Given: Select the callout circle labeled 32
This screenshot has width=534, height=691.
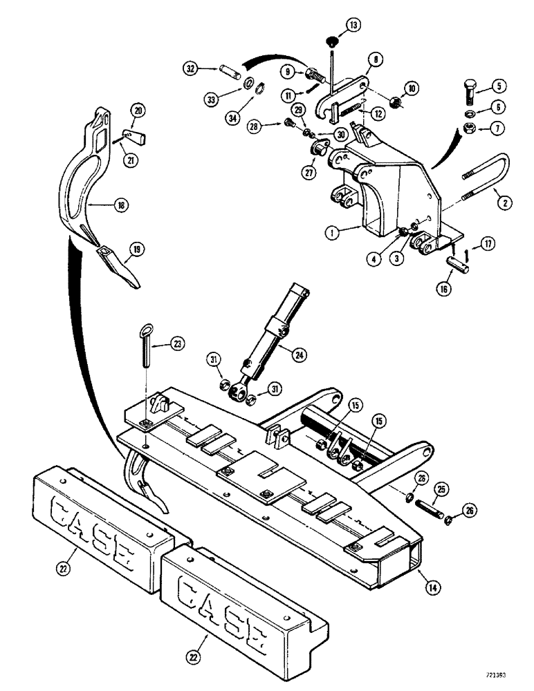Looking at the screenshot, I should tap(191, 68).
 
